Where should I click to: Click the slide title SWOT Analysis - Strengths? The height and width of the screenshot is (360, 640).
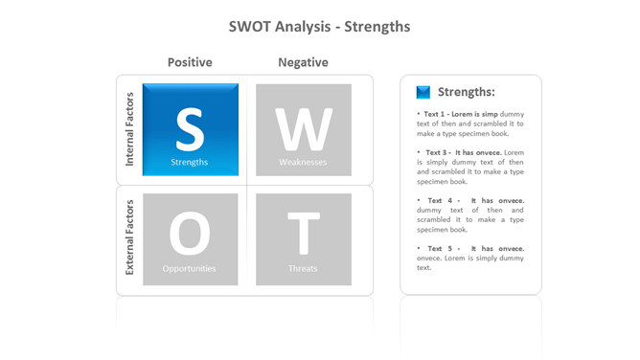coord(319,26)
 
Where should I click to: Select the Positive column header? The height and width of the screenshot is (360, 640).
coord(190,62)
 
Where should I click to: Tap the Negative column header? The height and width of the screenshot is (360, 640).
coord(303,62)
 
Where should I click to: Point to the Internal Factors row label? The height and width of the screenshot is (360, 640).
coord(130,130)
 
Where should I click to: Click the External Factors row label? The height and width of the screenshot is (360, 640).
coord(130,237)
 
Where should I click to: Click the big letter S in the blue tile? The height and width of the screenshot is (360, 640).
coord(190,128)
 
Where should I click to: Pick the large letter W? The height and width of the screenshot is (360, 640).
coord(303,128)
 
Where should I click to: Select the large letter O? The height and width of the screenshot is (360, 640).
coord(190,234)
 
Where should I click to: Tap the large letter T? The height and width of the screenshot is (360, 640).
coord(303,234)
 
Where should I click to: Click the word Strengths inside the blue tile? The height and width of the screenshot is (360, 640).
coord(190,163)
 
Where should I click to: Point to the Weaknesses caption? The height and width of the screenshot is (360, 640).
coord(303,163)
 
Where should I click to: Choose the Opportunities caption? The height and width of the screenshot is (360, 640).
coord(190,269)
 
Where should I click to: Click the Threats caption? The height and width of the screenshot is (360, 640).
coord(303,269)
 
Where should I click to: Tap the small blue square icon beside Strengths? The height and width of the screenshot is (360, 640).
coord(423,93)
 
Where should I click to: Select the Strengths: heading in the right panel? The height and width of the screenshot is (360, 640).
coord(466,93)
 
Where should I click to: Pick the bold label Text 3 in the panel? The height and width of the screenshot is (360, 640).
coord(437,152)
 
